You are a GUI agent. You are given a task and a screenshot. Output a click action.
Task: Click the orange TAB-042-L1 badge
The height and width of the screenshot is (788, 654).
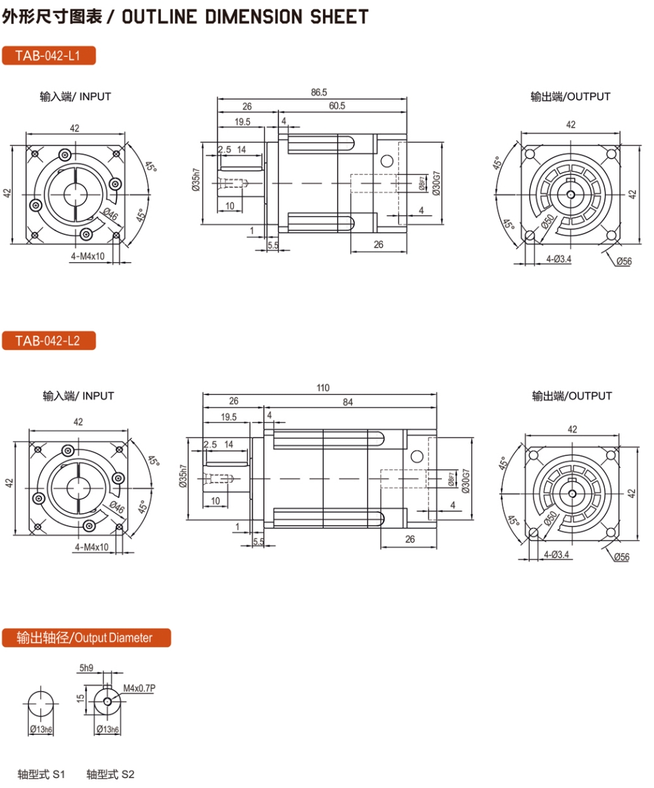pos(49,55)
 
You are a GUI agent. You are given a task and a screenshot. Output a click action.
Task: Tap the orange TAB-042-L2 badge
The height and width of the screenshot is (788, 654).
pos(49,341)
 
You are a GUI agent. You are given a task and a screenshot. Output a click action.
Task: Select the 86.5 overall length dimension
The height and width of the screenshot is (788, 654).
pos(319,92)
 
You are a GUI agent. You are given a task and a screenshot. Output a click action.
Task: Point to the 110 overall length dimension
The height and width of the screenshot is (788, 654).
pos(323,388)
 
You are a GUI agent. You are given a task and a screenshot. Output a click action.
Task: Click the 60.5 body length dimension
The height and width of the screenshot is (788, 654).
pos(337,106)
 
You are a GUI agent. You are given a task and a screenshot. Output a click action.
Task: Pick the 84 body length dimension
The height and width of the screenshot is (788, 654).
pos(348,402)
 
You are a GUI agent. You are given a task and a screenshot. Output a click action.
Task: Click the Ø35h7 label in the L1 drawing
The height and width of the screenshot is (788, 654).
pos(195,180)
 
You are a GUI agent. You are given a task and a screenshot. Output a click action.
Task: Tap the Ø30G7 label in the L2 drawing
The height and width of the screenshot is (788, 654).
pos(465,481)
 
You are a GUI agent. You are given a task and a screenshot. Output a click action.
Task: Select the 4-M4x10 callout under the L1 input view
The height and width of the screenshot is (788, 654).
pos(88,256)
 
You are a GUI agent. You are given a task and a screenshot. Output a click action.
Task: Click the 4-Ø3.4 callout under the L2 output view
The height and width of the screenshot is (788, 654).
pos(556,555)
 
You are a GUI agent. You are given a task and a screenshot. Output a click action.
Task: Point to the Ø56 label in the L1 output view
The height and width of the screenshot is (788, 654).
pos(624,262)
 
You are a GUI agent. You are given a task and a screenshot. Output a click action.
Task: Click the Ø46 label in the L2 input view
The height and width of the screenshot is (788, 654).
pos(117,507)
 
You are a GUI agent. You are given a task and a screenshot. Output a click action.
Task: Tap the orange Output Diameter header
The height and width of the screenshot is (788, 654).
pos(86,638)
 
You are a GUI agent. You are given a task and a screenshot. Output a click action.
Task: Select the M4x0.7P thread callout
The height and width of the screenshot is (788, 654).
pos(140,688)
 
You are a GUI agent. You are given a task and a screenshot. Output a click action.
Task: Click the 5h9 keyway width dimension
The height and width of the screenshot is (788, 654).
pos(86,668)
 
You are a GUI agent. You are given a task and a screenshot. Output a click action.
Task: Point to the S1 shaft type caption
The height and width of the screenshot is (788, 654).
pos(41,774)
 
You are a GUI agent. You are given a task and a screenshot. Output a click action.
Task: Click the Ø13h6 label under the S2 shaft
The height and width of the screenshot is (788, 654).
pos(108,729)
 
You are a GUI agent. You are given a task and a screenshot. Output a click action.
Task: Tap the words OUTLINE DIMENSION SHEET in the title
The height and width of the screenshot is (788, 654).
pos(245,17)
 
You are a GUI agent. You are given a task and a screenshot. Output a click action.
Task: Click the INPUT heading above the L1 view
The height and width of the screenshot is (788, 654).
pos(95,96)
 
